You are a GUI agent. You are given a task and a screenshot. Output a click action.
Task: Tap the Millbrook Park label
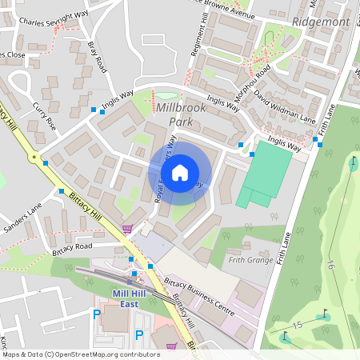tap(183, 114)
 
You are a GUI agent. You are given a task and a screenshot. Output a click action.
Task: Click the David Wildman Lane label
tap(285, 106)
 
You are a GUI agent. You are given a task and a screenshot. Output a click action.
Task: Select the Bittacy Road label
tap(72, 246)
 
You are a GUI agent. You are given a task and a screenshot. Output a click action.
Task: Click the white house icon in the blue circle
tap(180, 172)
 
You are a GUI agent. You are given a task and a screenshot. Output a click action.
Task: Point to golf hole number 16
tap(329, 265)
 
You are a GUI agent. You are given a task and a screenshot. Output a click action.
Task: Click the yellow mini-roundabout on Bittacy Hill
tap(34, 158)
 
